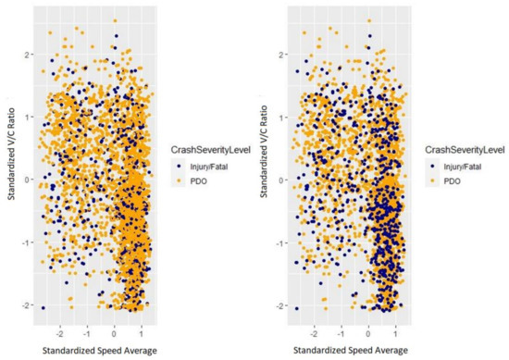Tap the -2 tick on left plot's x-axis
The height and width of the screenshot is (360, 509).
(x=60, y=328)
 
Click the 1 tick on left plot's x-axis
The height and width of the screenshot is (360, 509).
(x=140, y=328)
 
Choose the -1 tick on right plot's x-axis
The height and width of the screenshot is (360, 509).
(x=341, y=328)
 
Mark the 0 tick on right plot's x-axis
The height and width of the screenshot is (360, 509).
(x=369, y=328)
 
